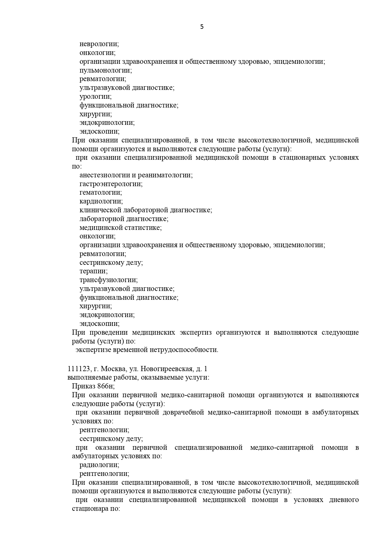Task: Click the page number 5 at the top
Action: point(202,27)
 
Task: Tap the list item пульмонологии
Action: point(105,70)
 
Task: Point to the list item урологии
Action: point(95,97)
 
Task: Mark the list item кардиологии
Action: point(101,201)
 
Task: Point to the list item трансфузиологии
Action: point(108,280)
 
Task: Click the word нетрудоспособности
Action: point(183,350)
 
